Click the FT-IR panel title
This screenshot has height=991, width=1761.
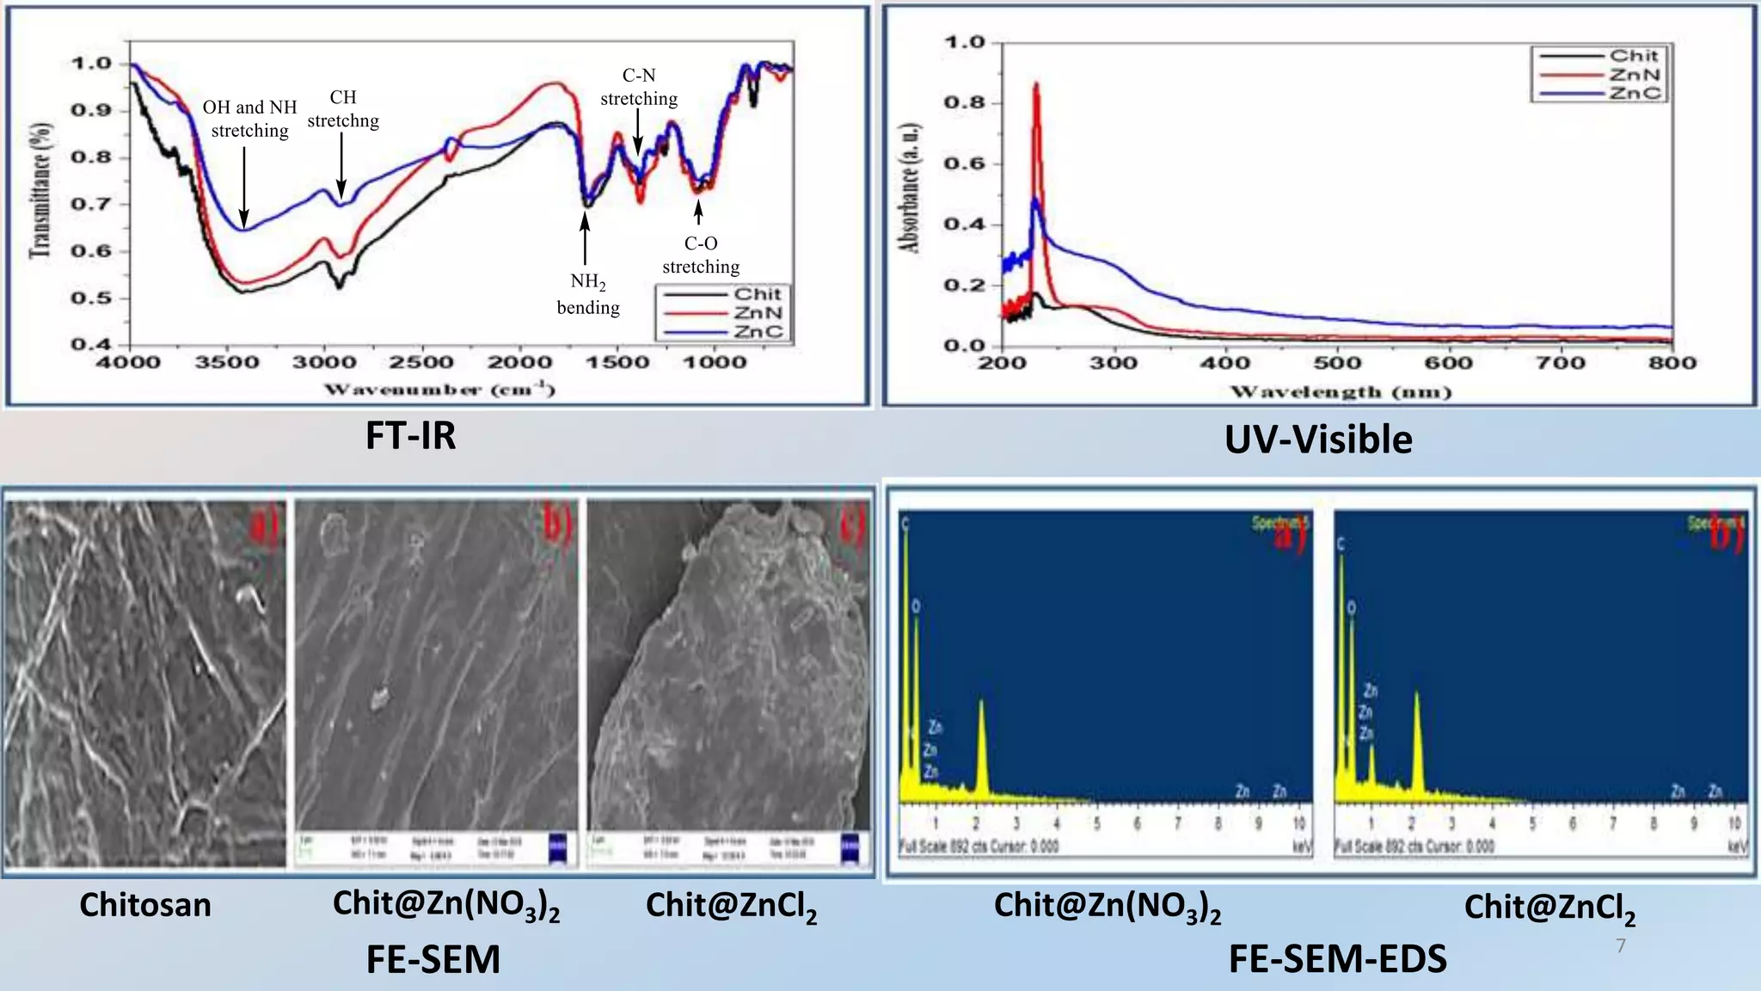click(x=411, y=435)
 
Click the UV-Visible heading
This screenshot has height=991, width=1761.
click(x=1317, y=440)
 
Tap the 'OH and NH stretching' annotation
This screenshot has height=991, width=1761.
click(x=249, y=119)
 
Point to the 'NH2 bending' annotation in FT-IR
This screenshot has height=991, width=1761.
click(x=588, y=294)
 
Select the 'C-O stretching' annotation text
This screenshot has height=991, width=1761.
click(x=701, y=255)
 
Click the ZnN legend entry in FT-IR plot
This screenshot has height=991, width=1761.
click(x=757, y=313)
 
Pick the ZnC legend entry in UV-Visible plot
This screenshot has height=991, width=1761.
click(x=1634, y=93)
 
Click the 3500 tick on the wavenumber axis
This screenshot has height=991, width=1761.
click(x=225, y=363)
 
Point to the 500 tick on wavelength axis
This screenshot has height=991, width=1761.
click(x=1337, y=363)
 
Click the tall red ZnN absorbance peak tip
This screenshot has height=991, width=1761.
click(x=1036, y=84)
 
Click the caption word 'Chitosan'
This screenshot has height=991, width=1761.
click(x=145, y=905)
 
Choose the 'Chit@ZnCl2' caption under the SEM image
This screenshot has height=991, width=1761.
click(x=731, y=907)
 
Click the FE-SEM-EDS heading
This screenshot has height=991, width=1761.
click(x=1337, y=958)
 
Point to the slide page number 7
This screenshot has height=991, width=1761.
click(x=1621, y=946)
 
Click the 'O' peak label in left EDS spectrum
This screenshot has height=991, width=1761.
click(x=916, y=606)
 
